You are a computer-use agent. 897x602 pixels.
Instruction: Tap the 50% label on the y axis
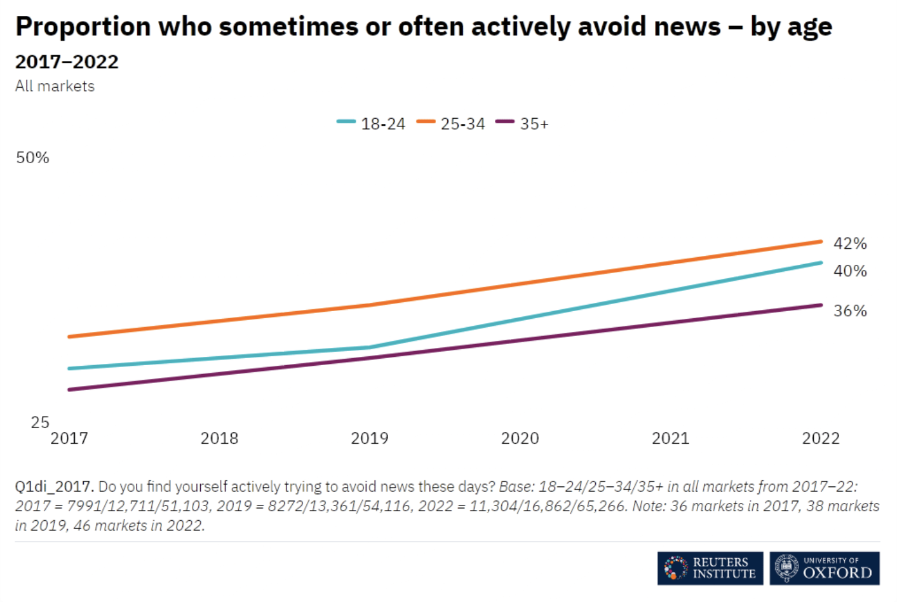coord(32,157)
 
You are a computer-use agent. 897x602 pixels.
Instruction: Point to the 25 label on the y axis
coord(40,422)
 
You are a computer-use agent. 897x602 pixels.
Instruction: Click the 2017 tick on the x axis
coord(69,438)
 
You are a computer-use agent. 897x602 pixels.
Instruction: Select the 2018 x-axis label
coord(219,438)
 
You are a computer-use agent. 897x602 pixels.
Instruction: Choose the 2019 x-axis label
coord(370,438)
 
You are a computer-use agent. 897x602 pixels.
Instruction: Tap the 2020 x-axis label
coord(520,438)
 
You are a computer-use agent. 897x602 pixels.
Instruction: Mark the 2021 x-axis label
coord(670,438)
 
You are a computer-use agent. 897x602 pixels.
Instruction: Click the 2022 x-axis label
coord(821,438)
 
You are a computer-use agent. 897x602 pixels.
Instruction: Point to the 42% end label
coord(850,243)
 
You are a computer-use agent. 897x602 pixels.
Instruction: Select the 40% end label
coord(850,271)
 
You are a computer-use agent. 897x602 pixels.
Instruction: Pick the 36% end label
coord(850,311)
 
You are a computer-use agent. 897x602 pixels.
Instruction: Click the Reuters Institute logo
coord(710,568)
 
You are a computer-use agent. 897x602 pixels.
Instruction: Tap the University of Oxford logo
coord(825,568)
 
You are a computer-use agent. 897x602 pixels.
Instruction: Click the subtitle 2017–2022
coord(67,62)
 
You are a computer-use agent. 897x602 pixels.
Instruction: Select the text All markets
coord(55,86)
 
